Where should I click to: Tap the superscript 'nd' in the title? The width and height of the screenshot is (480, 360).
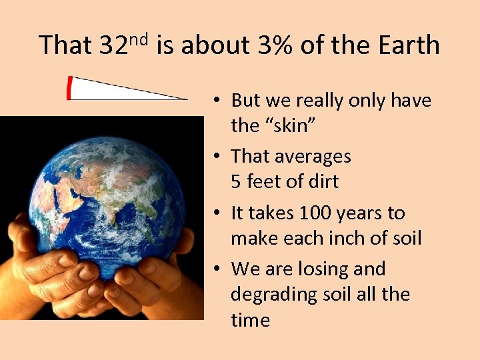point(143,39)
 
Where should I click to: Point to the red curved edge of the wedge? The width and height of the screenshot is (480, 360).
point(69,89)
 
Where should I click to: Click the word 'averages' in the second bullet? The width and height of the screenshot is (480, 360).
point(313,157)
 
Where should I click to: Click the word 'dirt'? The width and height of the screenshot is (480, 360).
point(323,182)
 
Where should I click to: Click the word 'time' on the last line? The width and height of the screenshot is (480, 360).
point(250,320)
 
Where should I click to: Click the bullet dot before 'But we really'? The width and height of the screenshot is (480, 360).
point(217,101)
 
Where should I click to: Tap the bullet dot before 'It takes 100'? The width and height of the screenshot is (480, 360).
point(217,214)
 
